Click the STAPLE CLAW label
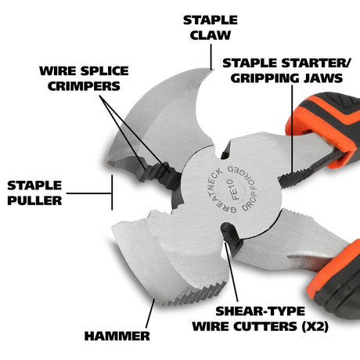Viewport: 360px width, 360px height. (211, 27)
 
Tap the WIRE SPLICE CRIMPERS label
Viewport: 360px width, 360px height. (84, 78)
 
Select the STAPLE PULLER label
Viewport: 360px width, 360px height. (34, 193)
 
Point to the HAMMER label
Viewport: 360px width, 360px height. (117, 336)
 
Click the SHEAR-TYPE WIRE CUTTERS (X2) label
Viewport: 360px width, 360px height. (260, 319)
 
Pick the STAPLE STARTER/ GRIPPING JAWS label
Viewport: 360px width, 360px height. (286, 70)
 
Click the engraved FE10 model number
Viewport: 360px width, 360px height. (232, 189)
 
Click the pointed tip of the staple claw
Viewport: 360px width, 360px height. (213, 70)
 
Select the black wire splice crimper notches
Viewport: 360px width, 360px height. (158, 174)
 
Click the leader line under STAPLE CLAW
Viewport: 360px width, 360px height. (211, 56)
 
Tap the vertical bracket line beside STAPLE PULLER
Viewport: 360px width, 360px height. (112, 193)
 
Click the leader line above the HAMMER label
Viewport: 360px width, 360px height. (150, 314)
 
